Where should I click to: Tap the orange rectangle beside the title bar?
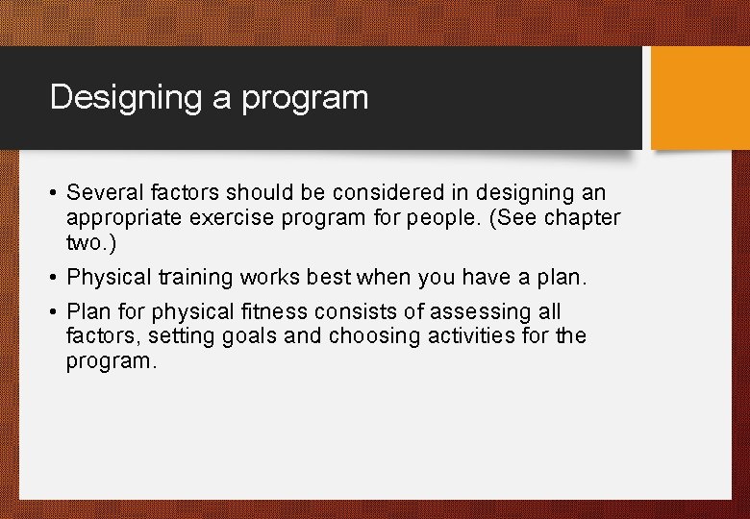click(x=700, y=98)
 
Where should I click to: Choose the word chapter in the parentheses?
click(x=583, y=218)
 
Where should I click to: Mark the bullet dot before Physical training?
click(x=54, y=278)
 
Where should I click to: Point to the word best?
click(x=329, y=278)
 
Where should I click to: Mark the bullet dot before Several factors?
click(x=54, y=194)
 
